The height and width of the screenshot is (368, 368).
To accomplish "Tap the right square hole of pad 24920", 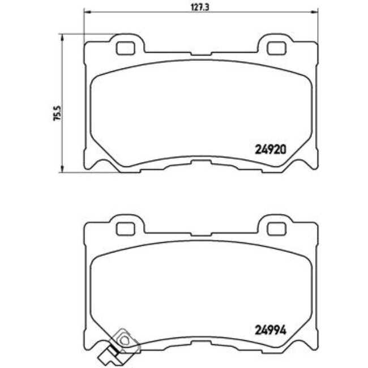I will [276, 49].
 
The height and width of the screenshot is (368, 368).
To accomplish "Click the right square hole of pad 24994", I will [276, 228].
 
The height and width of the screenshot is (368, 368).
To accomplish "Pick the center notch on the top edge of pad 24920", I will [200, 54].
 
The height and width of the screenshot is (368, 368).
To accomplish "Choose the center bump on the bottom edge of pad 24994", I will [200, 342].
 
